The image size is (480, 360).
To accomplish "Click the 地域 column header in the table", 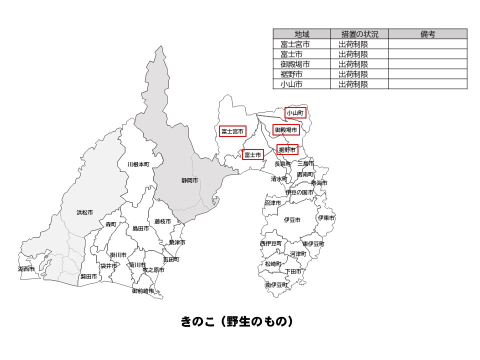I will click(x=302, y=34).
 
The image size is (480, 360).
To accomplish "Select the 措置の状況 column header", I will click(x=359, y=34).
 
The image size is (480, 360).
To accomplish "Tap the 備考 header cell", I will click(x=427, y=34).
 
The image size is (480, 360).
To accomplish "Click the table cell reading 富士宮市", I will click(x=295, y=44).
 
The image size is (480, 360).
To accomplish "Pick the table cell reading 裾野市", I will click(x=291, y=74).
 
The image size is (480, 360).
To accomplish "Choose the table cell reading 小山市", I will click(x=291, y=84).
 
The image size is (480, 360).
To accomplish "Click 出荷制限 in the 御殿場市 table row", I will click(x=353, y=64).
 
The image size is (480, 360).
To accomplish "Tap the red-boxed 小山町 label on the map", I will click(x=295, y=113).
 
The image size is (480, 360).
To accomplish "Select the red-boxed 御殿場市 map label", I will click(x=286, y=130).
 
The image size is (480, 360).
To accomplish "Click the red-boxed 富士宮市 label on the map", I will click(x=232, y=131).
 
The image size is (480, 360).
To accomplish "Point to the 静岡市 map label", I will click(x=189, y=180).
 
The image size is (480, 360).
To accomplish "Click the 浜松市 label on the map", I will click(x=84, y=212).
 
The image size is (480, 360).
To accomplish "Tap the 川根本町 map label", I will click(x=137, y=164).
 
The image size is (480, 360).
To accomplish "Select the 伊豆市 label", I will click(x=292, y=220).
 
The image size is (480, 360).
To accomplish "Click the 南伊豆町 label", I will click(x=276, y=284).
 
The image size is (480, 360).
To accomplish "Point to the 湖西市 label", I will click(x=26, y=269).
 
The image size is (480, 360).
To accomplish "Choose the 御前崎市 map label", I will click(x=143, y=291).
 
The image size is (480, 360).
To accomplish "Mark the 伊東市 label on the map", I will click(x=326, y=218).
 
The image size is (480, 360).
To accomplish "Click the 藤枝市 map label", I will click(x=162, y=221).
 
